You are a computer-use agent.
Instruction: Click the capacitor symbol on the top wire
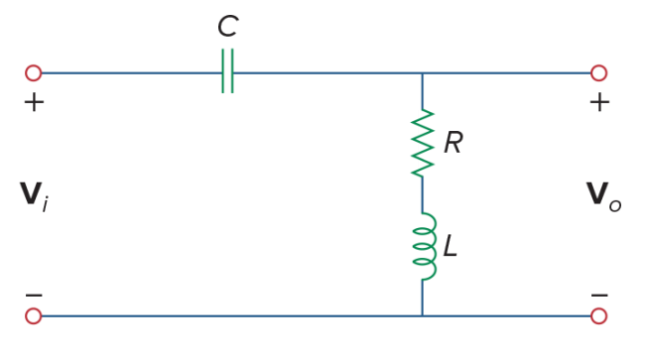tap(227, 72)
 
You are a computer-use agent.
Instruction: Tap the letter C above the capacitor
tap(227, 27)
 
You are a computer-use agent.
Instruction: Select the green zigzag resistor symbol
tap(423, 143)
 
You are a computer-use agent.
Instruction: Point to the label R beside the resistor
tap(453, 144)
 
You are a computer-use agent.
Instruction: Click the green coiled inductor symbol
tap(424, 247)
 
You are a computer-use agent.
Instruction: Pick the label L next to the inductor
tap(451, 247)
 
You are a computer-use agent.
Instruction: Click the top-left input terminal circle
tap(33, 72)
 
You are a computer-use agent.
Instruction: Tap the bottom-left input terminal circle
tap(33, 315)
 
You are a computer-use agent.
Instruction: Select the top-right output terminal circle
tap(598, 72)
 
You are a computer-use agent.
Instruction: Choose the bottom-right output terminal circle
tap(598, 315)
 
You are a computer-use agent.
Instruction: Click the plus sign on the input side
tap(34, 102)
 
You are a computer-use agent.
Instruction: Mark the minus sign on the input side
tap(34, 295)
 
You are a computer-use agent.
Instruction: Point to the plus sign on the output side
tap(599, 102)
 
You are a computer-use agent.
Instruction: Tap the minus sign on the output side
tap(599, 295)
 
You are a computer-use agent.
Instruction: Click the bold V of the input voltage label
tap(30, 194)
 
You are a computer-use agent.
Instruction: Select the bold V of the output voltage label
tap(596, 194)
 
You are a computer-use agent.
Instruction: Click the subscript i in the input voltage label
tap(45, 204)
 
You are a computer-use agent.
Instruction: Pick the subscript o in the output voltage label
tap(615, 205)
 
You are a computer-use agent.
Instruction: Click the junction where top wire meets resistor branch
tap(423, 72)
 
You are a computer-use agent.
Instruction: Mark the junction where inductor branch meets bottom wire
tap(423, 315)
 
